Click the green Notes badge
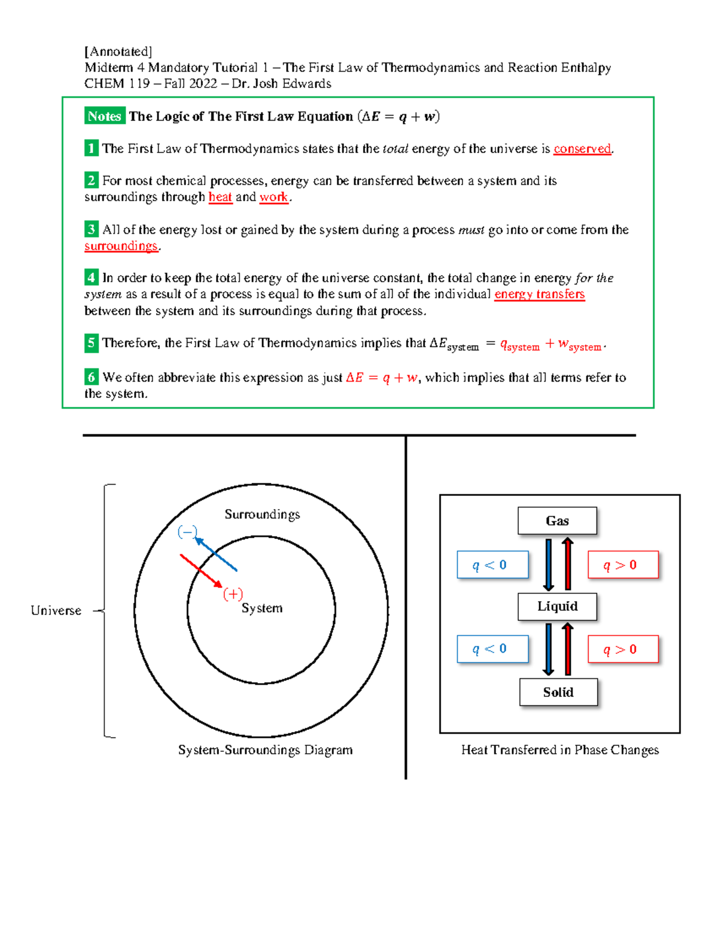104,116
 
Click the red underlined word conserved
582,148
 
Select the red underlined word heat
220,197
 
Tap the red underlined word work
274,197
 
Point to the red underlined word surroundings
121,246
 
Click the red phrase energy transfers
539,294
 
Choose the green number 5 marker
91,343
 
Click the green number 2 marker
91,180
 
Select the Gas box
557,520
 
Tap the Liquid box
557,607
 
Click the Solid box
558,692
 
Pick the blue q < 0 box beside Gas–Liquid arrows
492,565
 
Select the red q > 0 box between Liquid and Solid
623,649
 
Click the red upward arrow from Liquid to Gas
568,564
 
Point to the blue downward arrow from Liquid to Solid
548,649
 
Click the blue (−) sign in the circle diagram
187,532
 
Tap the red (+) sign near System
233,594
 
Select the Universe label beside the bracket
56,611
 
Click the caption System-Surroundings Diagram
265,750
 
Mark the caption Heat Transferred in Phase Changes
559,750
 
